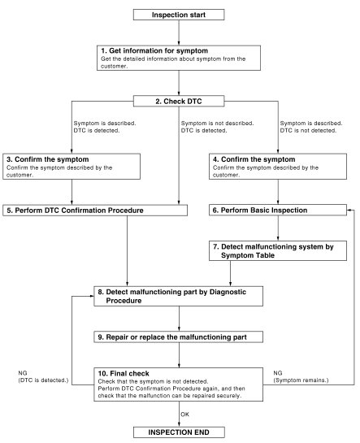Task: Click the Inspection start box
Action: click(x=179, y=15)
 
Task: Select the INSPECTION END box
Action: click(x=179, y=432)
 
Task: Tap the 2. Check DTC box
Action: click(x=179, y=101)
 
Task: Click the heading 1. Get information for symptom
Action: click(x=154, y=51)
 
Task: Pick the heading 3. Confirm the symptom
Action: click(x=47, y=159)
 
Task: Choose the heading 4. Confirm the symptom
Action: click(x=254, y=159)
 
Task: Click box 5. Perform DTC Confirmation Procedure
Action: click(x=95, y=211)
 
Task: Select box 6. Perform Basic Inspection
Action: click(x=278, y=211)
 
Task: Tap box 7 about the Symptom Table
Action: click(x=278, y=250)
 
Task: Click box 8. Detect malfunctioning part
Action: click(x=179, y=296)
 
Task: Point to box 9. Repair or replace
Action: click(x=179, y=337)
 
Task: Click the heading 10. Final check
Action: click(x=124, y=373)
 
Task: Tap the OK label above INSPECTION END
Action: click(x=185, y=415)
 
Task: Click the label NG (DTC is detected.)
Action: click(x=43, y=376)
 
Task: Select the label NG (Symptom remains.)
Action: click(x=301, y=376)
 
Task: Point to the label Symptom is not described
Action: click(x=218, y=124)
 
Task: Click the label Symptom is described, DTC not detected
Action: click(x=311, y=127)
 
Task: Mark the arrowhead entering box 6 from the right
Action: click(x=349, y=211)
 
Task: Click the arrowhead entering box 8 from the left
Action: click(x=92, y=296)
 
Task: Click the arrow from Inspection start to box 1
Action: click(x=179, y=33)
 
